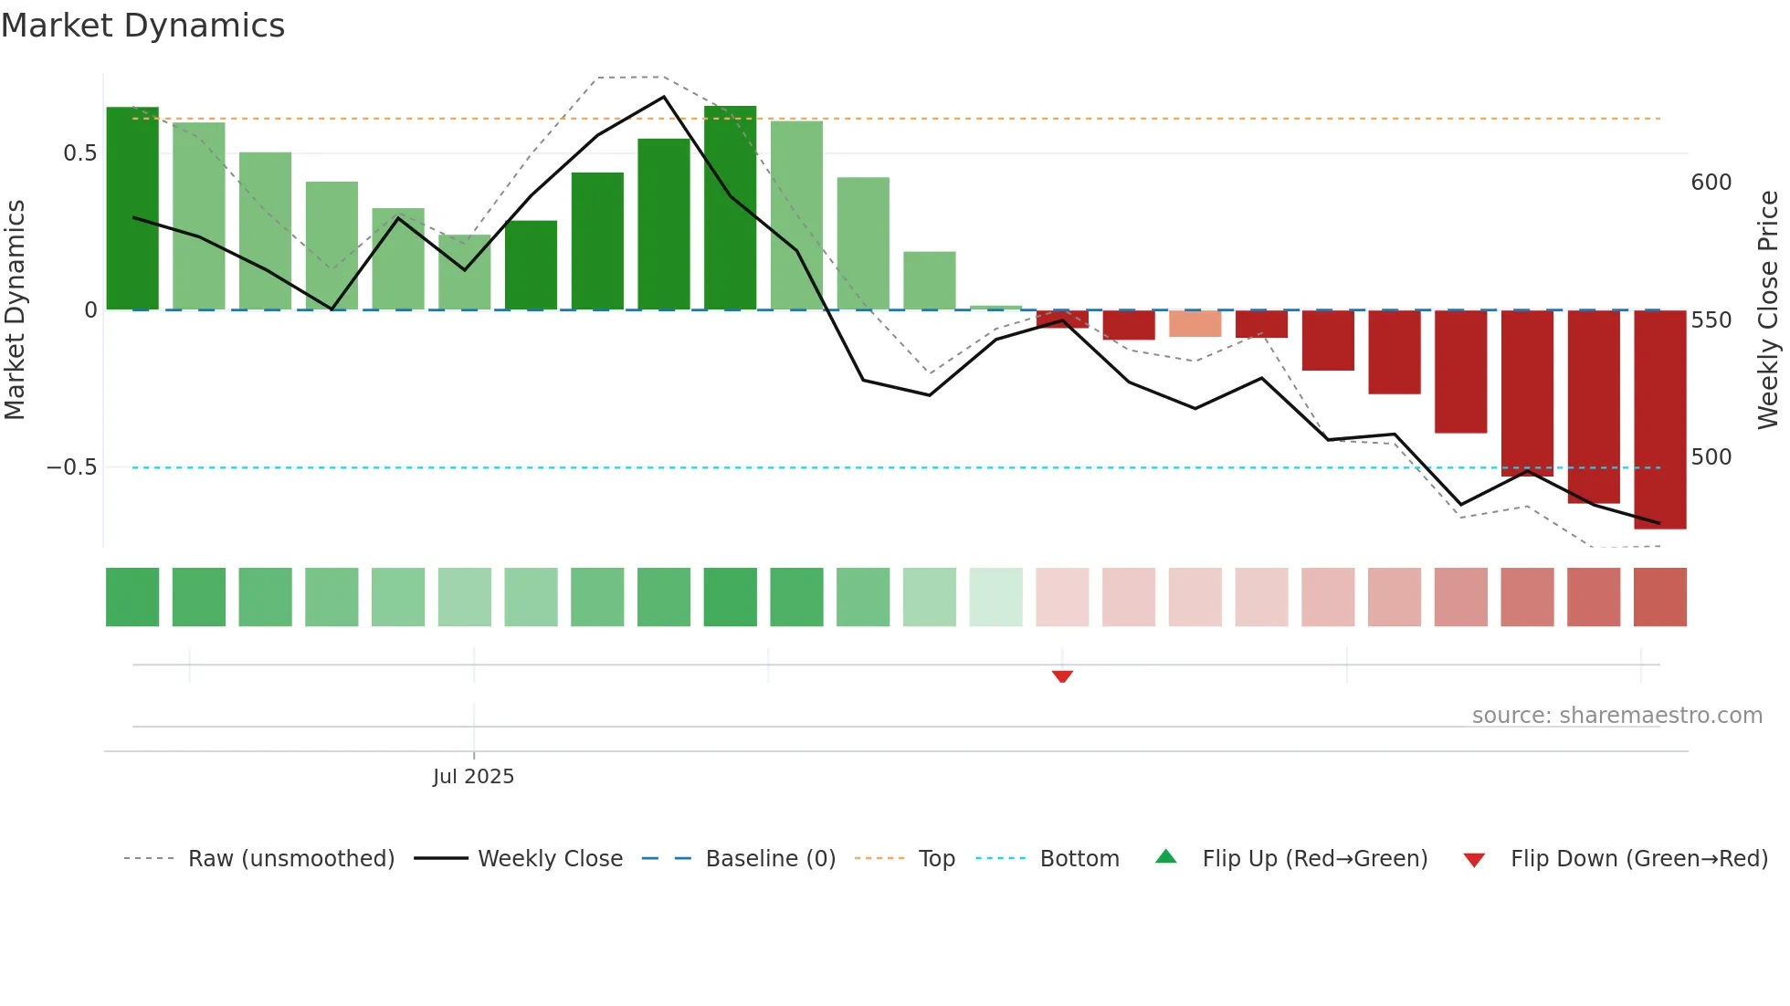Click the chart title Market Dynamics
tap(143, 26)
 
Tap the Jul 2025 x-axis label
tap(473, 777)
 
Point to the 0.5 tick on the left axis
tap(80, 153)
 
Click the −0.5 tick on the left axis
tap(72, 467)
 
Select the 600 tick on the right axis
tap(1711, 183)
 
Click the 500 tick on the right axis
tap(1711, 457)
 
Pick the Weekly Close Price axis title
tap(1768, 310)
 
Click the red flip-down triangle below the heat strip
tap(1062, 676)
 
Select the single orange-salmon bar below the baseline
tap(1195, 323)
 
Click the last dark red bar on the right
tap(1660, 420)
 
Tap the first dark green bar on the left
tap(132, 208)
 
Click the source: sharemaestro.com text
tap(1616, 716)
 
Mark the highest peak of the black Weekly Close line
tap(664, 97)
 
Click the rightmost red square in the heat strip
tap(1660, 597)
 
